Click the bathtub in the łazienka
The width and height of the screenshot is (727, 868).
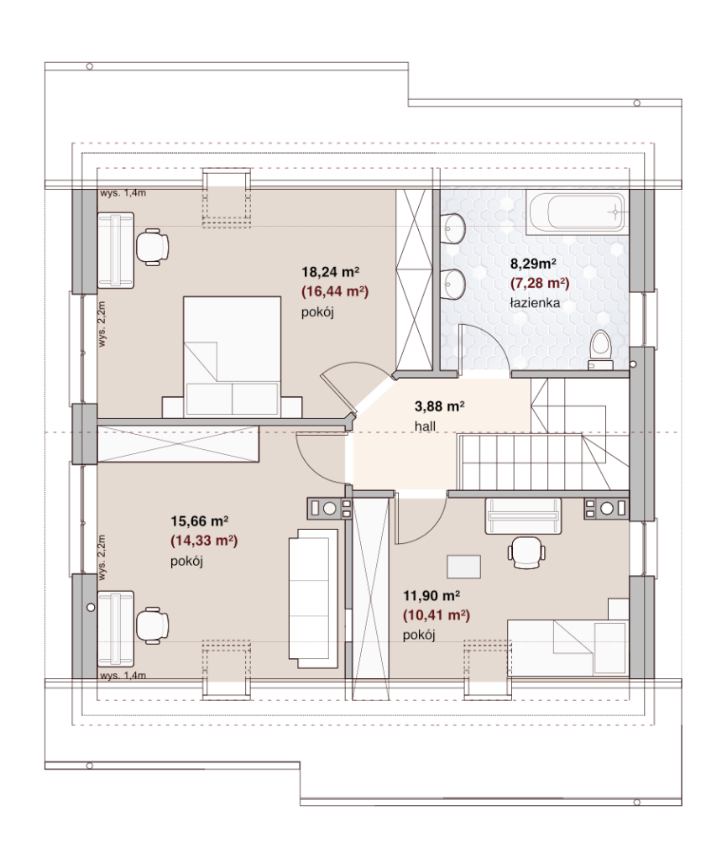click(x=576, y=212)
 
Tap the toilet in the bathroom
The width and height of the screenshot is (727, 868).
click(x=600, y=349)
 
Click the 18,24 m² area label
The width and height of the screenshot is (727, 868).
click(x=331, y=272)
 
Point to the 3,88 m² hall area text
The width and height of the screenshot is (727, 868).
click(x=439, y=406)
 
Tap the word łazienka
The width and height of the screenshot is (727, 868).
click(x=535, y=303)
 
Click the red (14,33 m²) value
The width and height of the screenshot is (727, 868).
click(x=204, y=541)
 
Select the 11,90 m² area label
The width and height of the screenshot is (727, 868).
click(x=431, y=596)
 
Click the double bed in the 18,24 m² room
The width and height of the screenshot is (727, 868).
click(x=232, y=357)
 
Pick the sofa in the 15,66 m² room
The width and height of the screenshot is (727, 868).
click(x=313, y=598)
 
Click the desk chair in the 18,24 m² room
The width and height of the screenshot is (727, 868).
click(x=152, y=247)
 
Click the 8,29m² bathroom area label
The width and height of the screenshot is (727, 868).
click(x=533, y=264)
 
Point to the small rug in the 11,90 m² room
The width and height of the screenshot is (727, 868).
click(x=464, y=567)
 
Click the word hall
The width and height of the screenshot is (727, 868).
click(x=426, y=426)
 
